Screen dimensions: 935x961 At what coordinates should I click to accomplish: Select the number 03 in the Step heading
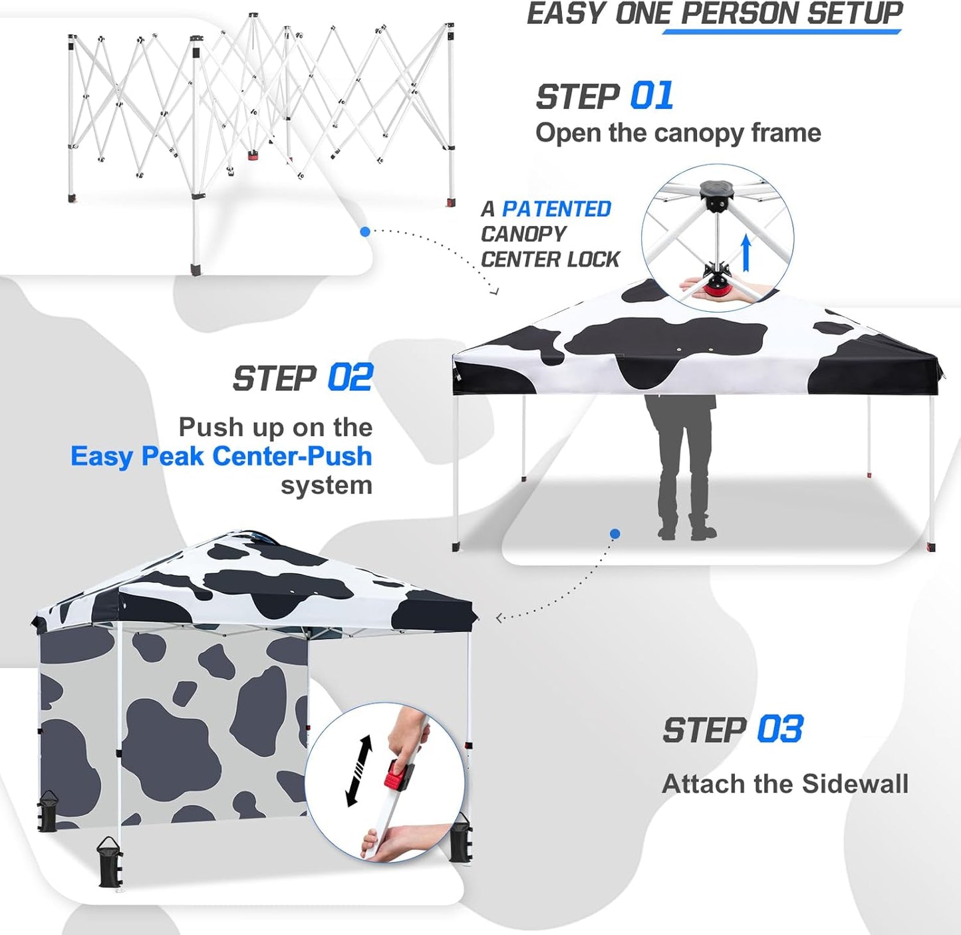pyautogui.click(x=779, y=730)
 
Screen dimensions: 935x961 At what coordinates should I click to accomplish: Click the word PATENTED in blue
pyautogui.click(x=556, y=209)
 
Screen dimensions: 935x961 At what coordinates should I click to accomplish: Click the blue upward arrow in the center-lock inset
pyautogui.click(x=746, y=253)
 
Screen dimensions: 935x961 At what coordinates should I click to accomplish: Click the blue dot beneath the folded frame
pyautogui.click(x=364, y=231)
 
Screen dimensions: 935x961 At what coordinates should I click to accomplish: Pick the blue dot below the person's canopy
pyautogui.click(x=615, y=534)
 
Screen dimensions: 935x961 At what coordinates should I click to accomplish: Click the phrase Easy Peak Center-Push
pyautogui.click(x=221, y=456)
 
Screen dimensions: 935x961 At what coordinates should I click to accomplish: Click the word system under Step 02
pyautogui.click(x=326, y=485)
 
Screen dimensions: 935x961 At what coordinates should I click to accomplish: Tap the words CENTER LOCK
pyautogui.click(x=550, y=259)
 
